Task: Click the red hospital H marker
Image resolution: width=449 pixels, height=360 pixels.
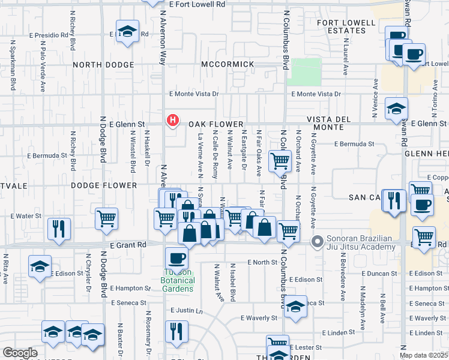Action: [173, 121]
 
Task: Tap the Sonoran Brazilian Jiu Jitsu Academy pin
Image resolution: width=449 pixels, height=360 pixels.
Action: [317, 242]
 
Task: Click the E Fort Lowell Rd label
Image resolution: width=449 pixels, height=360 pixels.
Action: [197, 4]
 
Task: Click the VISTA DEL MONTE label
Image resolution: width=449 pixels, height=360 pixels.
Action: [328, 124]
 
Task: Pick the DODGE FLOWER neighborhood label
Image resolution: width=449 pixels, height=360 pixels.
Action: [104, 185]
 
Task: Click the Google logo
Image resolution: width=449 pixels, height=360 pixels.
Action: [20, 353]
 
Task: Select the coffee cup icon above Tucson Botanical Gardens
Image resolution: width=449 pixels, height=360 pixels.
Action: [176, 259]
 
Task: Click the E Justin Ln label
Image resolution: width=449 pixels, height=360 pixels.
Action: [187, 311]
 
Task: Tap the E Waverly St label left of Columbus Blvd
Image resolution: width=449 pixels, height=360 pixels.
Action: [258, 318]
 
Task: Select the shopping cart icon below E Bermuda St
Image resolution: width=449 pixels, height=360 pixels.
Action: [280, 161]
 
